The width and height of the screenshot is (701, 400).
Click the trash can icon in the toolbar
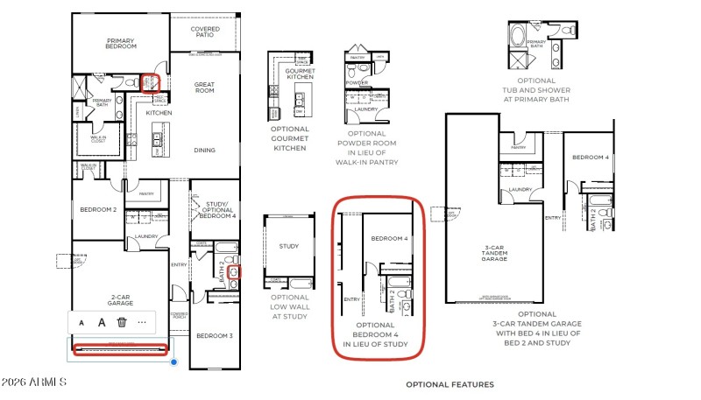(123, 322)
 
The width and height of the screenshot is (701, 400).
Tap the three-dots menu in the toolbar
(142, 322)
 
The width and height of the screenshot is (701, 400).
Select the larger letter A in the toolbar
(102, 322)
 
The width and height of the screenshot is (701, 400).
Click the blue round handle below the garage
(174, 361)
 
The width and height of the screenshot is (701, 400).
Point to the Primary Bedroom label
(120, 43)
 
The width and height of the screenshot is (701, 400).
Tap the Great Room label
(204, 87)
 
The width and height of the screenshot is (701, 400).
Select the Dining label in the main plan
(204, 150)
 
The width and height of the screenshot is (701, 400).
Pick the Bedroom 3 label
(214, 336)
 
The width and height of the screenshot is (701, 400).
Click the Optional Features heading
(450, 384)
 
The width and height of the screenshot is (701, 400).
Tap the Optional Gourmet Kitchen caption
(290, 138)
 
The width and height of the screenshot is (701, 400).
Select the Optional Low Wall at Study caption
(290, 308)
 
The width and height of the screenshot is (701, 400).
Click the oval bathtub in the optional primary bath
(515, 37)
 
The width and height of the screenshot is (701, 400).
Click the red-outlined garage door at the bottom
(118, 350)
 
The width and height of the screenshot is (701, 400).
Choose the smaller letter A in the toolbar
(81, 322)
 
